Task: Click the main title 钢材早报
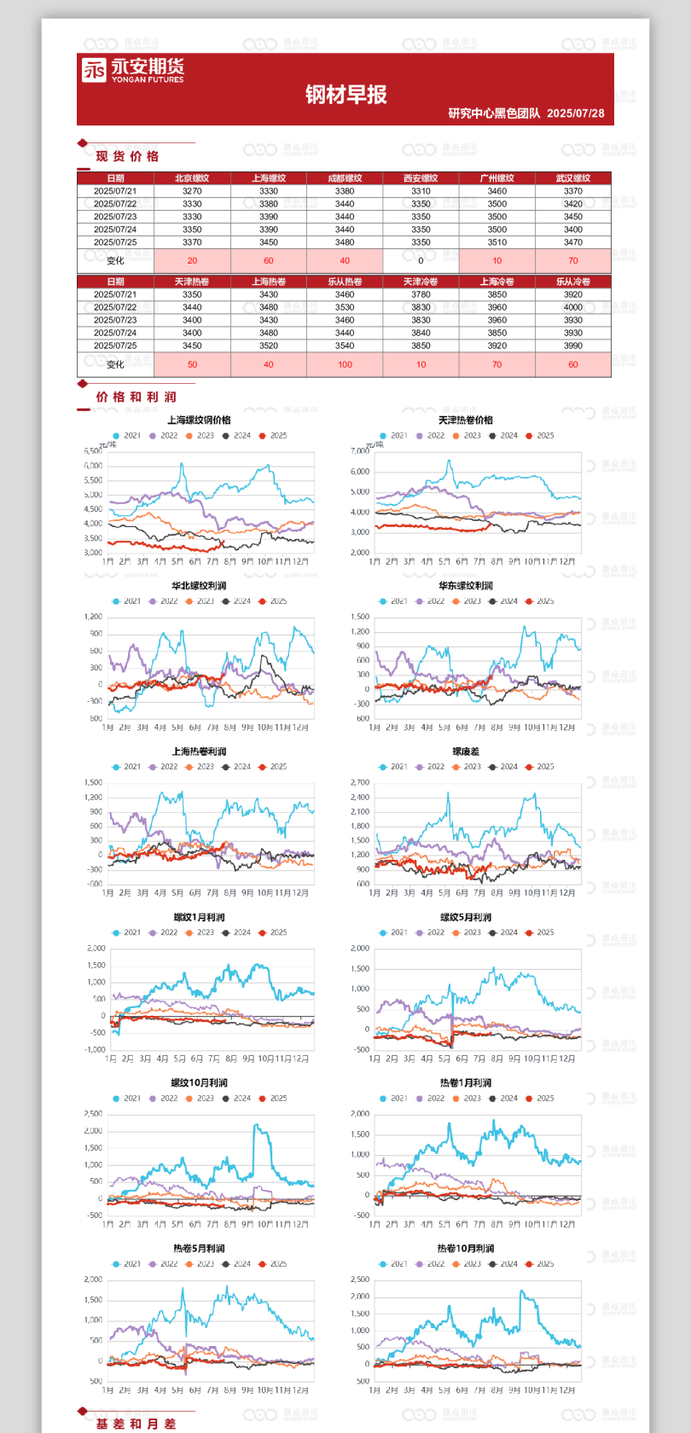[346, 95]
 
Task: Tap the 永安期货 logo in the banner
[133, 70]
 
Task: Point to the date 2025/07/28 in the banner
[576, 113]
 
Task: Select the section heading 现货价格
[127, 156]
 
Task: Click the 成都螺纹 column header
[345, 178]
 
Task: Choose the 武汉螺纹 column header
[573, 178]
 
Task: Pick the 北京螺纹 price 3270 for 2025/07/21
[192, 191]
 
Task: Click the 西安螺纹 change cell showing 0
[421, 261]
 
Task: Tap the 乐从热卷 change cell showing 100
[345, 364]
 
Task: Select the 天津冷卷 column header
[421, 281]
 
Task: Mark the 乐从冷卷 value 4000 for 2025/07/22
[573, 307]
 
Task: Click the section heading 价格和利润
[136, 397]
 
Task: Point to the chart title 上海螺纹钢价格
[199, 420]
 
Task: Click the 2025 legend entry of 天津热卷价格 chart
[540, 436]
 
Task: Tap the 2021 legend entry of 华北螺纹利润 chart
[127, 601]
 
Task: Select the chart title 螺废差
[466, 751]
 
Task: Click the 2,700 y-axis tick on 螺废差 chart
[360, 782]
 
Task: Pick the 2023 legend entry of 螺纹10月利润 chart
[200, 1099]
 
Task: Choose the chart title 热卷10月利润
[466, 1248]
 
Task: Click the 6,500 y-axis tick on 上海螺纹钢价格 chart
[93, 451]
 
